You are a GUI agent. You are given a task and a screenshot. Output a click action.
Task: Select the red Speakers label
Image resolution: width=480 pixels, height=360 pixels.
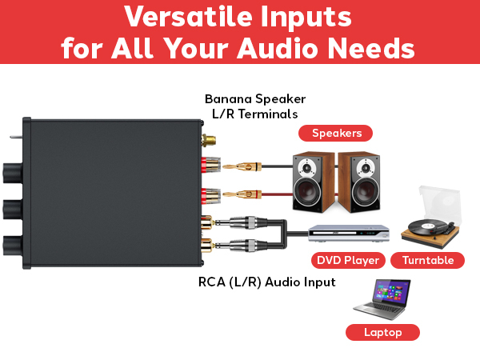[337, 134]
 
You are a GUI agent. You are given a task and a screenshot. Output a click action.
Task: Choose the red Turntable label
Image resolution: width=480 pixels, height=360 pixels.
[428, 260]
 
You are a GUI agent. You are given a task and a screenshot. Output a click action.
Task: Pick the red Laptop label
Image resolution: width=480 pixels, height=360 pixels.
[382, 332]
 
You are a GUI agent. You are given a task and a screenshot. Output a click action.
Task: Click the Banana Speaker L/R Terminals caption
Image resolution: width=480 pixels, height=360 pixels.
[255, 106]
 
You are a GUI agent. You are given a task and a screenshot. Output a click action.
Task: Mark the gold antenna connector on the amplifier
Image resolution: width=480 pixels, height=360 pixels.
[210, 140]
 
